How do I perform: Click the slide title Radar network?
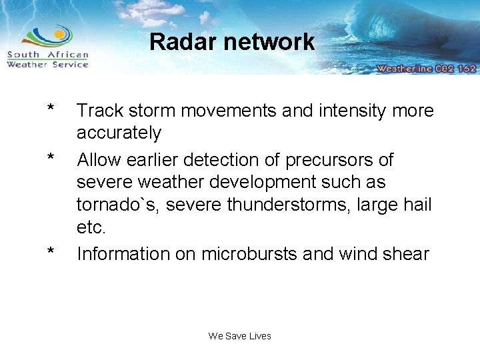coord(231,42)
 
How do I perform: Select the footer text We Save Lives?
coord(239,336)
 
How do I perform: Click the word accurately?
coord(119,133)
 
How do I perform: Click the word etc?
coord(91,228)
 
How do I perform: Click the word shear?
coord(407,253)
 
